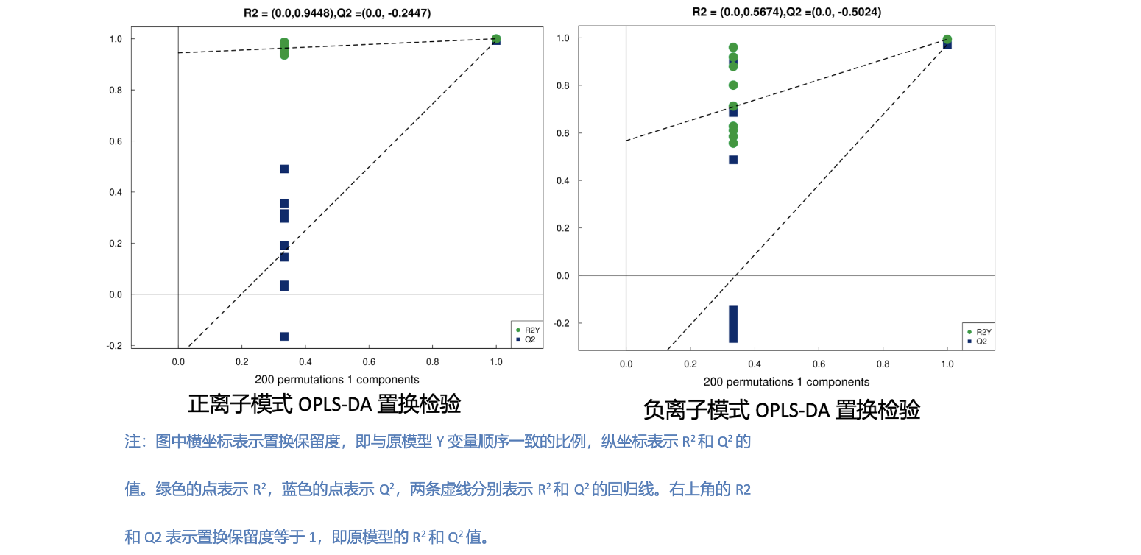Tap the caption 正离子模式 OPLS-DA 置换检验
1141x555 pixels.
325,404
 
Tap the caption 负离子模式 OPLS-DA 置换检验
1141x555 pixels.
781,409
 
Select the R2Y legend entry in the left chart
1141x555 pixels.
527,330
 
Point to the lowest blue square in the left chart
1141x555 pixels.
284,336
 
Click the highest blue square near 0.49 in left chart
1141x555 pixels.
284,169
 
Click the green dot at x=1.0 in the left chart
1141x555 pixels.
496,39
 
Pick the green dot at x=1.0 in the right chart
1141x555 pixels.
947,40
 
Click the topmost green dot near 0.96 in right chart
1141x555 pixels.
733,47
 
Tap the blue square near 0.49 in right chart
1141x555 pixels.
733,160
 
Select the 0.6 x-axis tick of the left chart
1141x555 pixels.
369,362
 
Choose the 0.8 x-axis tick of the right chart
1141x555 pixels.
883,364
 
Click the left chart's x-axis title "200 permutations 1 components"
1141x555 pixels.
337,380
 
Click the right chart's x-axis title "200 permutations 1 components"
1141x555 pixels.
786,382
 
